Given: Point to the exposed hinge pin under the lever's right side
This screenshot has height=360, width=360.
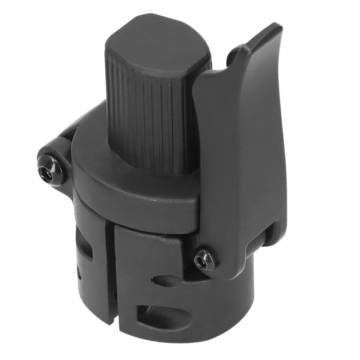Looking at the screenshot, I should tap(270, 234).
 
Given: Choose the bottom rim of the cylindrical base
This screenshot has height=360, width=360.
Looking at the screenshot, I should tap(189, 344).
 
